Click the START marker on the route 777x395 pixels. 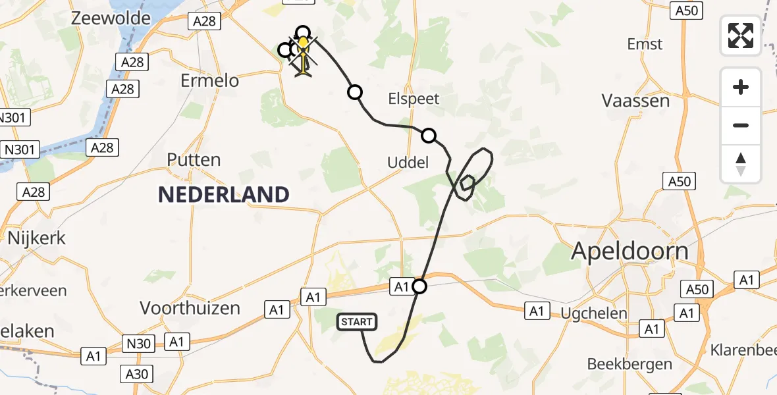(357, 322)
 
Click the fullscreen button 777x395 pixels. (741, 36)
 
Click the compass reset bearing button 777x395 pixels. (741, 164)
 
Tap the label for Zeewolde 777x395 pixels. (111, 18)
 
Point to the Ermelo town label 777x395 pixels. (209, 81)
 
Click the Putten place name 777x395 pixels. (194, 160)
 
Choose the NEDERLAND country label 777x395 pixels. (224, 194)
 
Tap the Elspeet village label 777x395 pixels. (414, 99)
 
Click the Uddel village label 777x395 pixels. (408, 162)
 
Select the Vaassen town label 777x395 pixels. (635, 101)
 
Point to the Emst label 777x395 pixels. (645, 44)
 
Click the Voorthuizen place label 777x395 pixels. (190, 307)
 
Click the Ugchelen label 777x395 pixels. (594, 313)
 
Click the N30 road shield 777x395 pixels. (140, 342)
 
